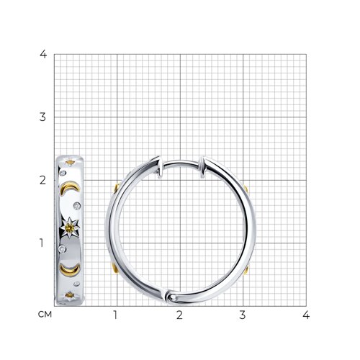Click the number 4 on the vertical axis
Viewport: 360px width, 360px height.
tap(43, 55)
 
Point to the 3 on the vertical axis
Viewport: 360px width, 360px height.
tap(42, 117)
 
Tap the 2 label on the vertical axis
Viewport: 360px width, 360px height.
tap(42, 180)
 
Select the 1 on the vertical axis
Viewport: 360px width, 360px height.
tap(42, 243)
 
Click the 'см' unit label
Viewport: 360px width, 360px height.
tap(45, 315)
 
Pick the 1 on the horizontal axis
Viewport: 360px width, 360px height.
tap(115, 315)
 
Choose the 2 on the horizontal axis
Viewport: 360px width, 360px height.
tap(179, 315)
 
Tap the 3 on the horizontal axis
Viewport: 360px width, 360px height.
tap(243, 315)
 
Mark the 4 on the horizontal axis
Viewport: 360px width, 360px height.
tap(306, 315)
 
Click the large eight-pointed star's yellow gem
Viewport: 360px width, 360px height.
tap(70, 228)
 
